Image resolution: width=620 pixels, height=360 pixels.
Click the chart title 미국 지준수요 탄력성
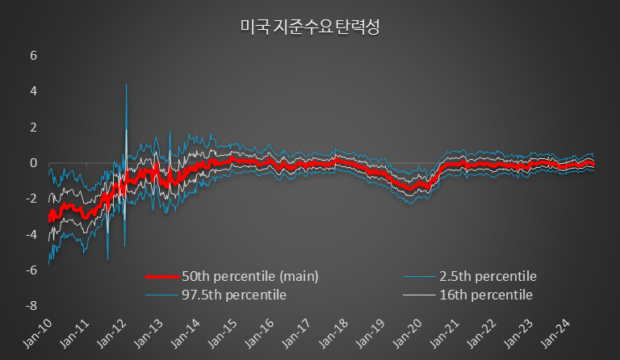(x=310, y=27)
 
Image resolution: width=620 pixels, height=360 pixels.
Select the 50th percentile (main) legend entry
(x=251, y=276)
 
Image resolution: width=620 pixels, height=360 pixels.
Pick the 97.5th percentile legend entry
(x=234, y=295)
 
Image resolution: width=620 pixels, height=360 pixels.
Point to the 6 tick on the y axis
(x=33, y=56)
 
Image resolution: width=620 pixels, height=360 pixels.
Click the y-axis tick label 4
(x=33, y=91)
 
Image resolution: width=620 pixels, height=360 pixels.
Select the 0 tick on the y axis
(x=33, y=163)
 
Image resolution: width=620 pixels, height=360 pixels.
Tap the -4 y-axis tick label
(x=31, y=234)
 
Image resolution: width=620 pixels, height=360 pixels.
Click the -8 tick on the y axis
(x=31, y=306)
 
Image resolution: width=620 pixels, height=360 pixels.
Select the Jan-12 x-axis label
(x=115, y=333)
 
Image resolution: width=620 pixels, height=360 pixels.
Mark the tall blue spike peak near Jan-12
(x=126, y=85)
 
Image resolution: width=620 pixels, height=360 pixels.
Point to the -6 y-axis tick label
(x=31, y=270)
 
